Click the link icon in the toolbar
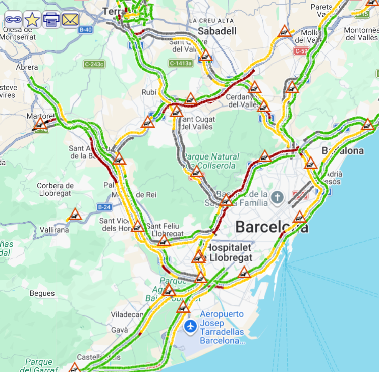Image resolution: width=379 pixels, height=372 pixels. (x=13, y=20)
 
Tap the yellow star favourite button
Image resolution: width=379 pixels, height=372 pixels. (x=32, y=20)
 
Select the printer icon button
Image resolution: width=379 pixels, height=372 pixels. (x=51, y=20)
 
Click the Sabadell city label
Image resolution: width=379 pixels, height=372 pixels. (x=217, y=31)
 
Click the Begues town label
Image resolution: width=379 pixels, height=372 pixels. (x=42, y=293)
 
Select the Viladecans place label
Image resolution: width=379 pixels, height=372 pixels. (x=127, y=314)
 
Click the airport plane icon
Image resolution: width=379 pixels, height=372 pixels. (x=190, y=327)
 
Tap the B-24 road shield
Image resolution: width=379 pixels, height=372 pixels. (x=104, y=207)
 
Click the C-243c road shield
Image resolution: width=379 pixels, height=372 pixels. (x=94, y=64)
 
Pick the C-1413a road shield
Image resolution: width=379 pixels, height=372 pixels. (x=180, y=63)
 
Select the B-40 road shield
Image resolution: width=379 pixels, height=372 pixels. (x=85, y=30)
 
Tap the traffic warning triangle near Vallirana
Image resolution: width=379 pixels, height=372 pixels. (x=75, y=215)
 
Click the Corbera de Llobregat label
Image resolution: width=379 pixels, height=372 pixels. (x=56, y=190)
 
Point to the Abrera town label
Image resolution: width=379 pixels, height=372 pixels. (x=27, y=67)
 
